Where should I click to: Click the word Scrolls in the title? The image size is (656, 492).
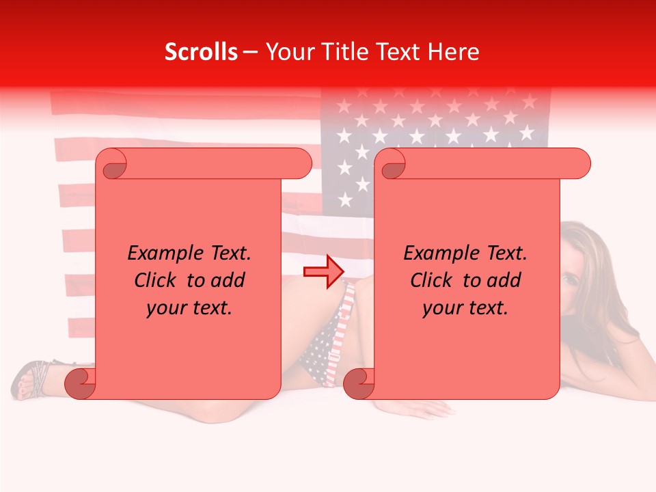201,52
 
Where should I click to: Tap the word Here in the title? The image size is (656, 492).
451,52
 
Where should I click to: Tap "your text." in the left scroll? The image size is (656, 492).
189,307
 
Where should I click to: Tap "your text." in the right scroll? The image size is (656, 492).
465,307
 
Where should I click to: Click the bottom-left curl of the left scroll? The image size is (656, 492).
79,383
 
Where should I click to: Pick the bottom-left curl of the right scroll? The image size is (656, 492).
358,383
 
